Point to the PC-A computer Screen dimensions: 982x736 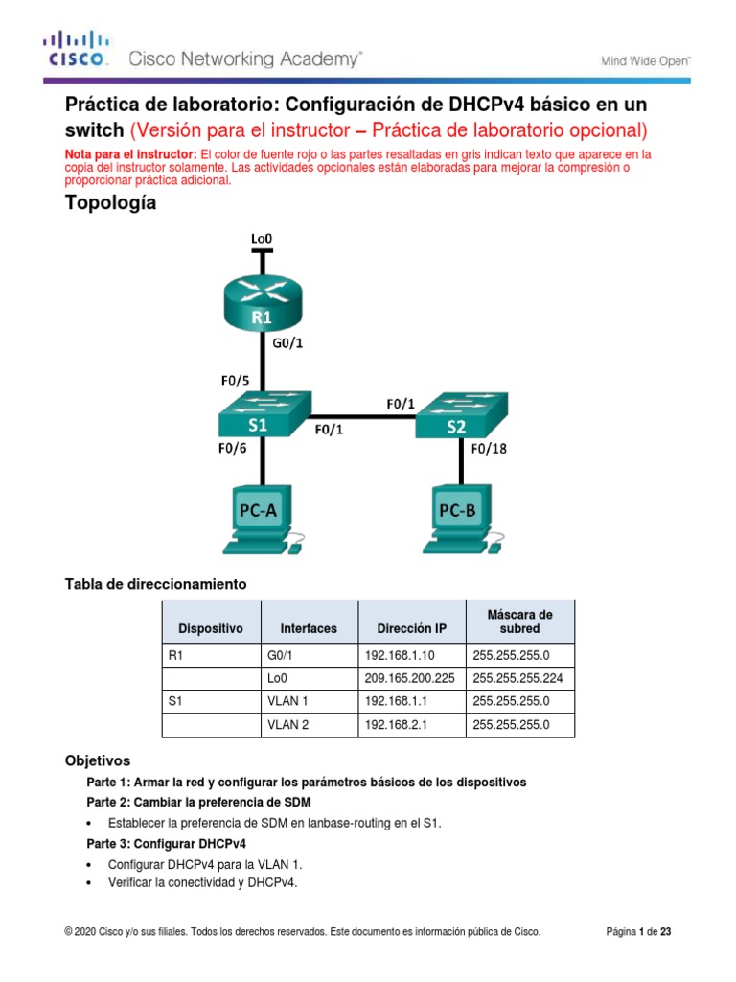[x=262, y=519]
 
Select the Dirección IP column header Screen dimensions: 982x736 [x=411, y=628]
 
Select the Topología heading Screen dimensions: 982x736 [x=110, y=203]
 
